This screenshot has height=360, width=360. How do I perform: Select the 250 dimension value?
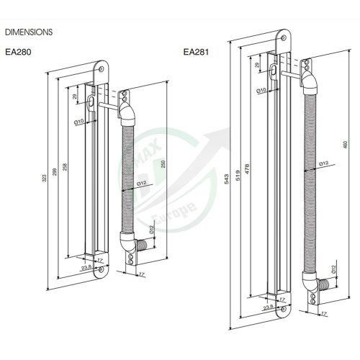point(163,165)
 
